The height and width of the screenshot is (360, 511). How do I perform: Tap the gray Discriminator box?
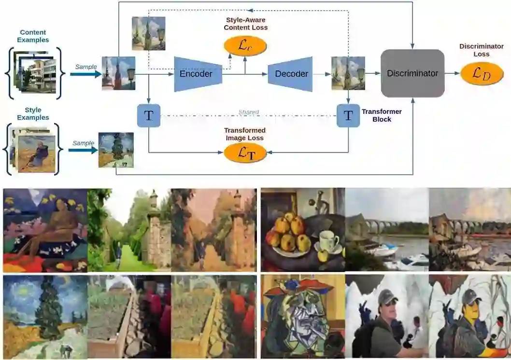click(412, 73)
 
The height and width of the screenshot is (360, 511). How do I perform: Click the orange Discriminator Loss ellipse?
click(482, 73)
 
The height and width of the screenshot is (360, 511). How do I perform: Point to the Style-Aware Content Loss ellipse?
click(245, 46)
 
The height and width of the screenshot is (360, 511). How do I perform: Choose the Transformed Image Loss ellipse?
click(245, 152)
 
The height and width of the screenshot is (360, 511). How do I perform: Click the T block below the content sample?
click(149, 116)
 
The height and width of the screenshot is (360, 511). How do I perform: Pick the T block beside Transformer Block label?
click(348, 116)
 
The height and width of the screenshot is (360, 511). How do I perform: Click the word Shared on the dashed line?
click(248, 112)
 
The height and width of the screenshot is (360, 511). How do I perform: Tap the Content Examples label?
click(33, 36)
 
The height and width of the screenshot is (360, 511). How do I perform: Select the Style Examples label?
click(33, 114)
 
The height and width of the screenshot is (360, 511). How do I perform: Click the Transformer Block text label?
click(382, 115)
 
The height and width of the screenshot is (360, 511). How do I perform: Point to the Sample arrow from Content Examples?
click(87, 74)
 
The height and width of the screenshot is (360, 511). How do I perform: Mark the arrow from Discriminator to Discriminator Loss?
click(452, 73)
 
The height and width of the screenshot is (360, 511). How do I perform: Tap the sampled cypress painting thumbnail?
click(116, 150)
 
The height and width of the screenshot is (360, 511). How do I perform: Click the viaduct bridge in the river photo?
click(386, 225)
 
